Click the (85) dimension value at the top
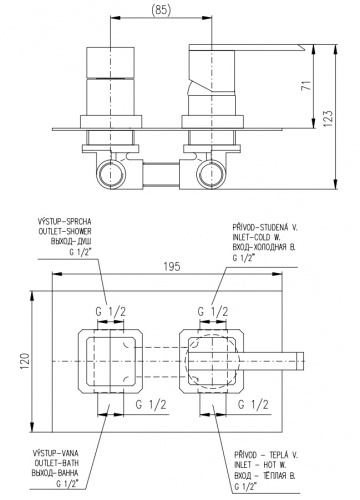coord(161,10)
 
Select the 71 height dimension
coord(307,85)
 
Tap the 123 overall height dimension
coord(328,118)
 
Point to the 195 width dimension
coord(172,266)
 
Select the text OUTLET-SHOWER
coord(65,231)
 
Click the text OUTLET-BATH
coord(57,463)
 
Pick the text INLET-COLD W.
coord(257,237)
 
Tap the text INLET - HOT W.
coord(260,464)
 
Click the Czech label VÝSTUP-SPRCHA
coord(65,221)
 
